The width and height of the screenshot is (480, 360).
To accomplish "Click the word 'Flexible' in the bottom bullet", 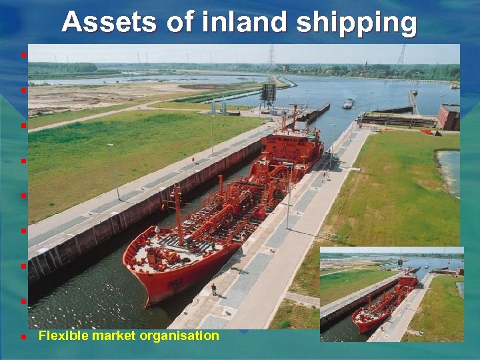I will (59, 335).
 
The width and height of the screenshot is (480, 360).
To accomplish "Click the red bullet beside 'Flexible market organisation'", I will (23, 337).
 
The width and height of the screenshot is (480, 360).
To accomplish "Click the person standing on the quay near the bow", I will (213, 289).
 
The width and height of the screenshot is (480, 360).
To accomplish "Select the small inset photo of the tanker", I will (391, 294).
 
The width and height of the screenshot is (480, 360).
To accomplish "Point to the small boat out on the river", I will (347, 103).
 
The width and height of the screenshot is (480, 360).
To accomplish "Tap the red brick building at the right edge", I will (449, 117).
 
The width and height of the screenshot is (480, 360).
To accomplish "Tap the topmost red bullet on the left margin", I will (23, 55).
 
